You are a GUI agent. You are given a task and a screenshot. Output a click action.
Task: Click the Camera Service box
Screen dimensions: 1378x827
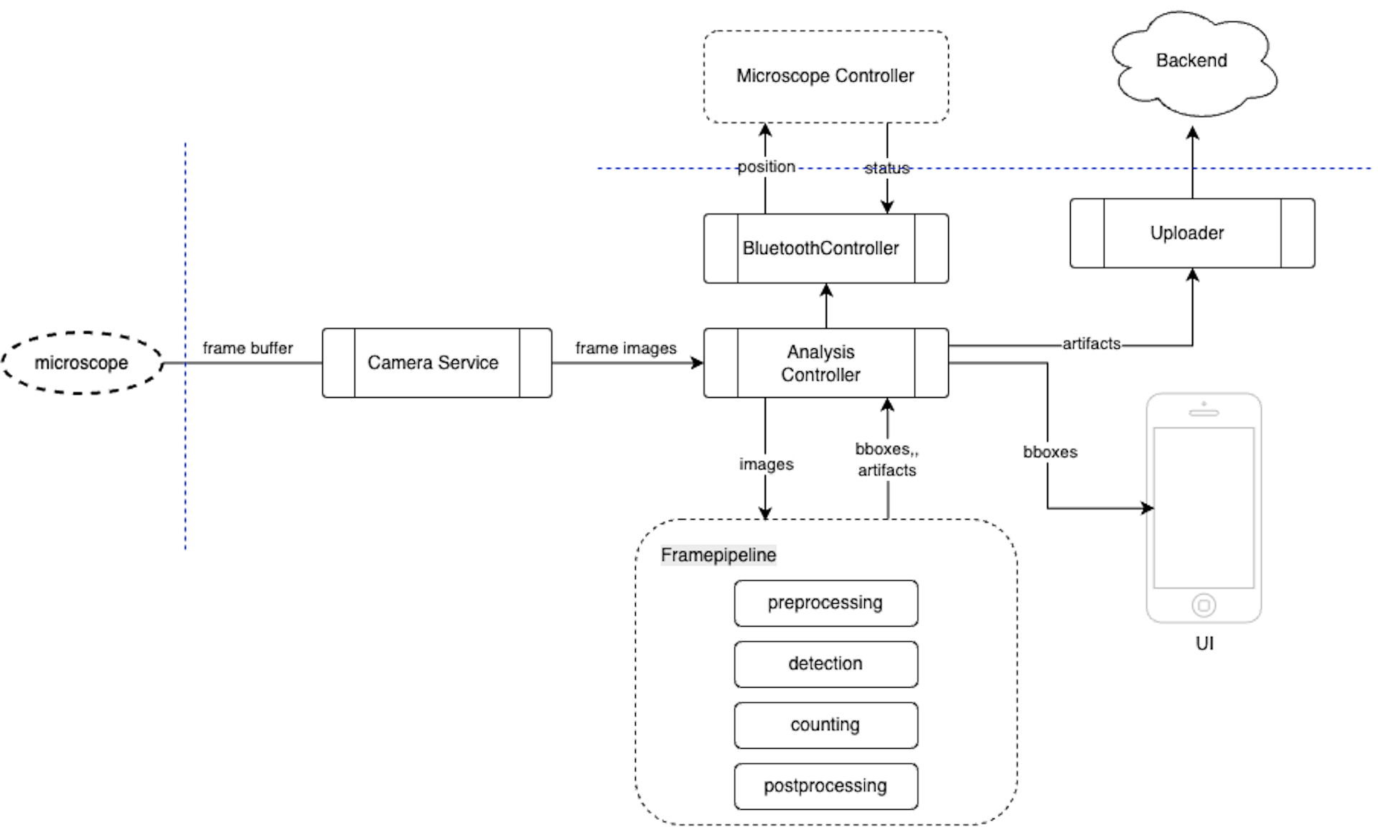[x=436, y=363]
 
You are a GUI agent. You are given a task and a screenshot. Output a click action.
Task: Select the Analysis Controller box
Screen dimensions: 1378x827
[x=825, y=363]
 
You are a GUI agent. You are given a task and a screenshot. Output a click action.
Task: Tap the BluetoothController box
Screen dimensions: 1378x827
[x=825, y=248]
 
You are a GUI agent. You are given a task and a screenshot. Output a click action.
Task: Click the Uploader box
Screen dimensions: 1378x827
[x=1192, y=233]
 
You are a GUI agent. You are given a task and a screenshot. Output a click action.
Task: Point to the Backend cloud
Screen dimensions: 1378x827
[x=1193, y=63]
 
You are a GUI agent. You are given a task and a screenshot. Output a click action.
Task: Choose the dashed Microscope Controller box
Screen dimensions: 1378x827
[x=825, y=76]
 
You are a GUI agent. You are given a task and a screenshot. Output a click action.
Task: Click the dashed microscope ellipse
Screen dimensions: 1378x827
[x=82, y=363]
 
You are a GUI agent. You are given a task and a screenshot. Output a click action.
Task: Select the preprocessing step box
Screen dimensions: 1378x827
[x=825, y=603]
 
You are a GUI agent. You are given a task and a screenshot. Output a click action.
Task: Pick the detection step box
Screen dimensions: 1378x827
[x=825, y=664]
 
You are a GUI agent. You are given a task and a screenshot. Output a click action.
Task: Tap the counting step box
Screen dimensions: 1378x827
[x=825, y=725]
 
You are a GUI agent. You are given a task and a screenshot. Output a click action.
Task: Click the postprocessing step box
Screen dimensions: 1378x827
[x=825, y=786]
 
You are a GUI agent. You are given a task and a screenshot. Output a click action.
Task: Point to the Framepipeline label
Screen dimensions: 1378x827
[x=718, y=555]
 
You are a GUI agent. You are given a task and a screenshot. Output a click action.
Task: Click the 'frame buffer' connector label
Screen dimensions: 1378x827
[x=248, y=348]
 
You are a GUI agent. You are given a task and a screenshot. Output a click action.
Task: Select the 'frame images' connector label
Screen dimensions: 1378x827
[x=626, y=348]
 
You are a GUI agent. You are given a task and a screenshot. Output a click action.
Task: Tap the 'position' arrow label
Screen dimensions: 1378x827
[x=767, y=167]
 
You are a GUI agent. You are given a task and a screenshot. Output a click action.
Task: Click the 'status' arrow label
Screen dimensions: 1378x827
[x=887, y=168]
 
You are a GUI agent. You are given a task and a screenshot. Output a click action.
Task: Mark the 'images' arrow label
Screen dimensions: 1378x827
[x=767, y=464]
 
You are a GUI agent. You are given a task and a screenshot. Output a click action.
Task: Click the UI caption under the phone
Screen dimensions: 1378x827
[x=1204, y=643]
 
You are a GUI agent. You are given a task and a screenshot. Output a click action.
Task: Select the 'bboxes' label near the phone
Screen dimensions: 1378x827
[x=1050, y=452]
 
